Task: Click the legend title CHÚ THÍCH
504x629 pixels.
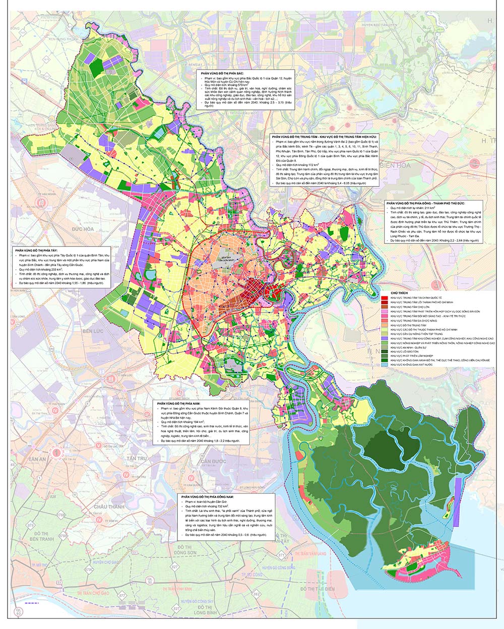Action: point(399,292)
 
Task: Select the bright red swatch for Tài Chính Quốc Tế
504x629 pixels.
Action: point(386,298)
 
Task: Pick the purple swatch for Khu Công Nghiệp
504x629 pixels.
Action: point(386,338)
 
